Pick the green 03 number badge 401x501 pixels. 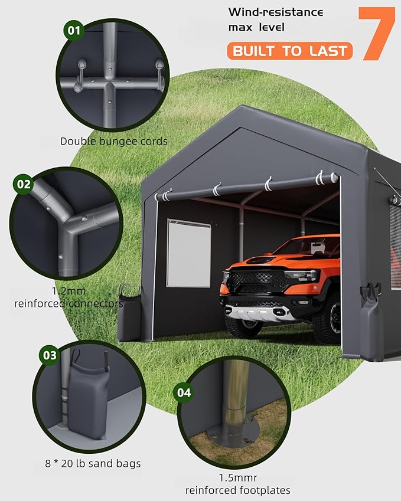click(x=50, y=355)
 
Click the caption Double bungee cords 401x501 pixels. click(x=113, y=141)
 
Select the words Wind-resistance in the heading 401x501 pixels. click(x=276, y=12)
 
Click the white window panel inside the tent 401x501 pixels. click(x=188, y=253)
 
